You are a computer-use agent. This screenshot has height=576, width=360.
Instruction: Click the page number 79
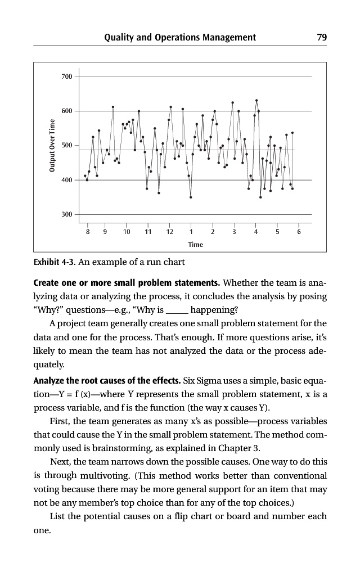(x=322, y=38)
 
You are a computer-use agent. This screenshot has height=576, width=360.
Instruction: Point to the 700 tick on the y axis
(x=66, y=76)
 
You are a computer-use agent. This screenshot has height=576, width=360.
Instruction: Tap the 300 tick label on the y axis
(x=66, y=215)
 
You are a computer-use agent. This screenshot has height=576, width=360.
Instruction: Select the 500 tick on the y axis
(x=66, y=146)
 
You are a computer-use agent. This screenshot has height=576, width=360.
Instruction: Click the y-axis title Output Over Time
(x=50, y=146)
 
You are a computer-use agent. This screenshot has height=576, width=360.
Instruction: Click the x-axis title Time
(x=196, y=245)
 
